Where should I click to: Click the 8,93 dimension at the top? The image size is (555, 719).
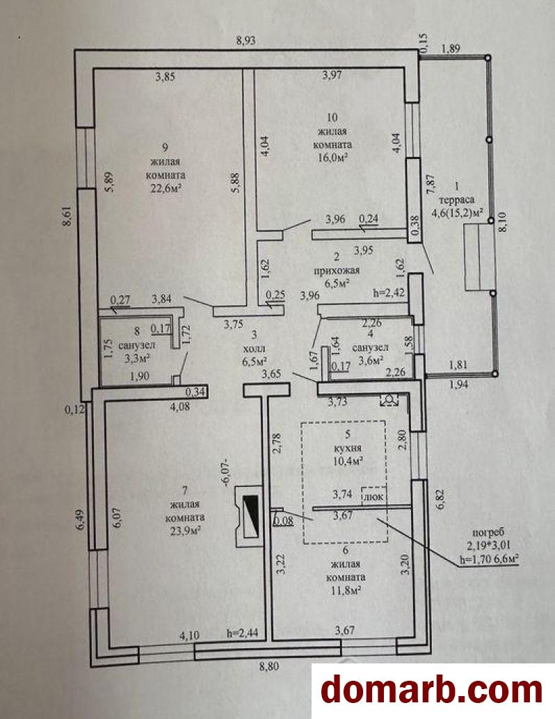click(x=246, y=40)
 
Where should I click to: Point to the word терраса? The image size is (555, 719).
click(x=456, y=200)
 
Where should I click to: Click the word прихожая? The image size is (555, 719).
click(x=337, y=270)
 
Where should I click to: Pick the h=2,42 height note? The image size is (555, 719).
click(x=388, y=292)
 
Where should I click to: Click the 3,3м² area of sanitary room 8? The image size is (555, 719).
click(x=137, y=358)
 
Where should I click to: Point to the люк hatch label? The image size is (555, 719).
click(x=373, y=497)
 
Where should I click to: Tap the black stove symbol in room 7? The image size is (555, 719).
click(x=250, y=516)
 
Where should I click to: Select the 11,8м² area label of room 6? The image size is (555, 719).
click(x=345, y=590)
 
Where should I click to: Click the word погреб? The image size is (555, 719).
click(x=488, y=533)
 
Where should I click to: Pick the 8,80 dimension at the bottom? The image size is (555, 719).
click(x=269, y=666)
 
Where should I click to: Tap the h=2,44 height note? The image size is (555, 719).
click(x=243, y=634)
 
